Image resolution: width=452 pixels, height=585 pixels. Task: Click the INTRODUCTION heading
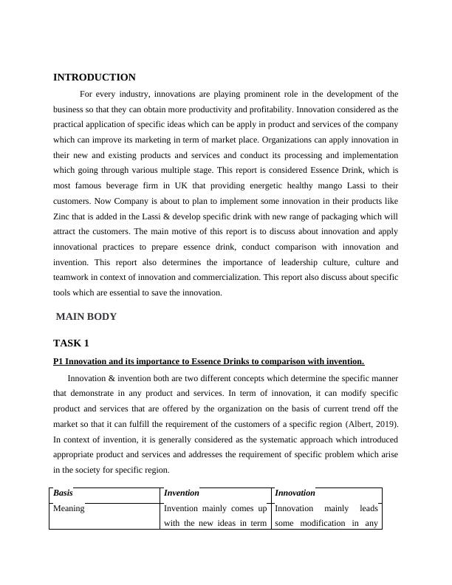point(95,78)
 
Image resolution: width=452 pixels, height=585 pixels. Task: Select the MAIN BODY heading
point(86,317)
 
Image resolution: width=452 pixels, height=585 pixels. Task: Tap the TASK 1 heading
point(72,343)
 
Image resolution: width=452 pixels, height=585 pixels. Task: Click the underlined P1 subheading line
point(209,361)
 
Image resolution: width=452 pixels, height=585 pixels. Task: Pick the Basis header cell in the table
point(63,493)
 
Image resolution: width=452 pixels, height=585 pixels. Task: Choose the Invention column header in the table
point(182,493)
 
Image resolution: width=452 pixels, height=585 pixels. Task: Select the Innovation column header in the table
point(295,493)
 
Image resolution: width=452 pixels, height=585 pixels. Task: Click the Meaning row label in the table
point(69,508)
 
